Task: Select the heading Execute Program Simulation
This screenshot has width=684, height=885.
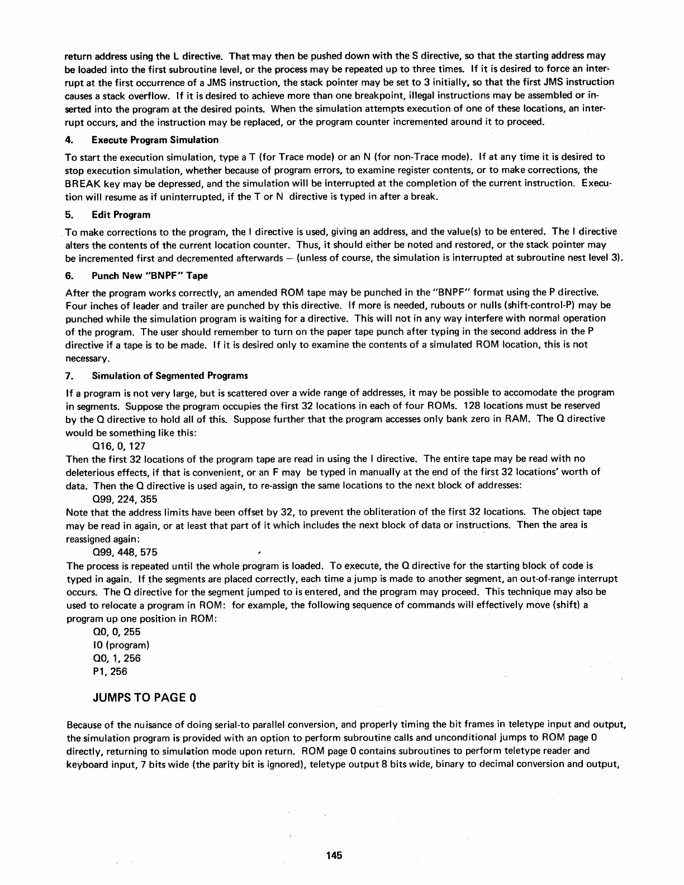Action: pyautogui.click(x=155, y=140)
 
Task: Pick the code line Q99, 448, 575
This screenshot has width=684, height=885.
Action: pyautogui.click(x=124, y=552)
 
